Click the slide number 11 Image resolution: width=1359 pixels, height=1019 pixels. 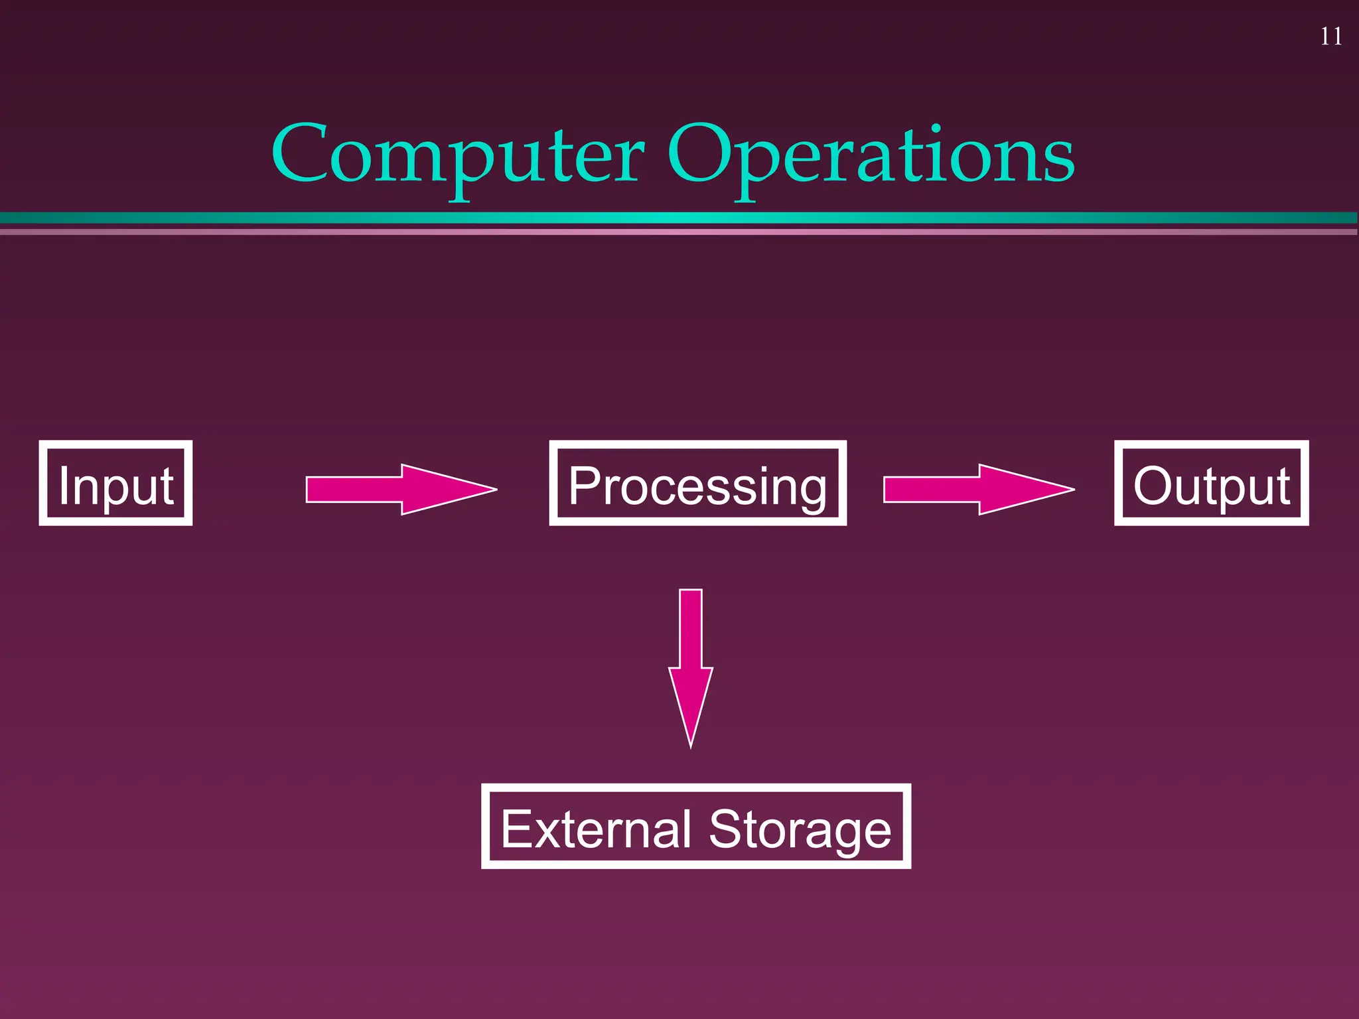tap(1330, 36)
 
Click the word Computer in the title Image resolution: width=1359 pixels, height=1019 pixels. tap(458, 156)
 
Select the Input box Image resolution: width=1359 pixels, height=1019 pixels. tap(115, 483)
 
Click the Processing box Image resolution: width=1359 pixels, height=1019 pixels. tap(697, 483)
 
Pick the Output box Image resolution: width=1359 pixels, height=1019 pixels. tap(1211, 483)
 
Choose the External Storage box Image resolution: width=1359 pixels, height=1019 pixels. tap(695, 826)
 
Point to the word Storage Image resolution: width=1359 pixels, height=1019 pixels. tap(800, 830)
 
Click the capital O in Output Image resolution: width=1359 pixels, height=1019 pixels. tap(1155, 486)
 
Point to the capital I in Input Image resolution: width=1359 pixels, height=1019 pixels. tap(64, 486)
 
